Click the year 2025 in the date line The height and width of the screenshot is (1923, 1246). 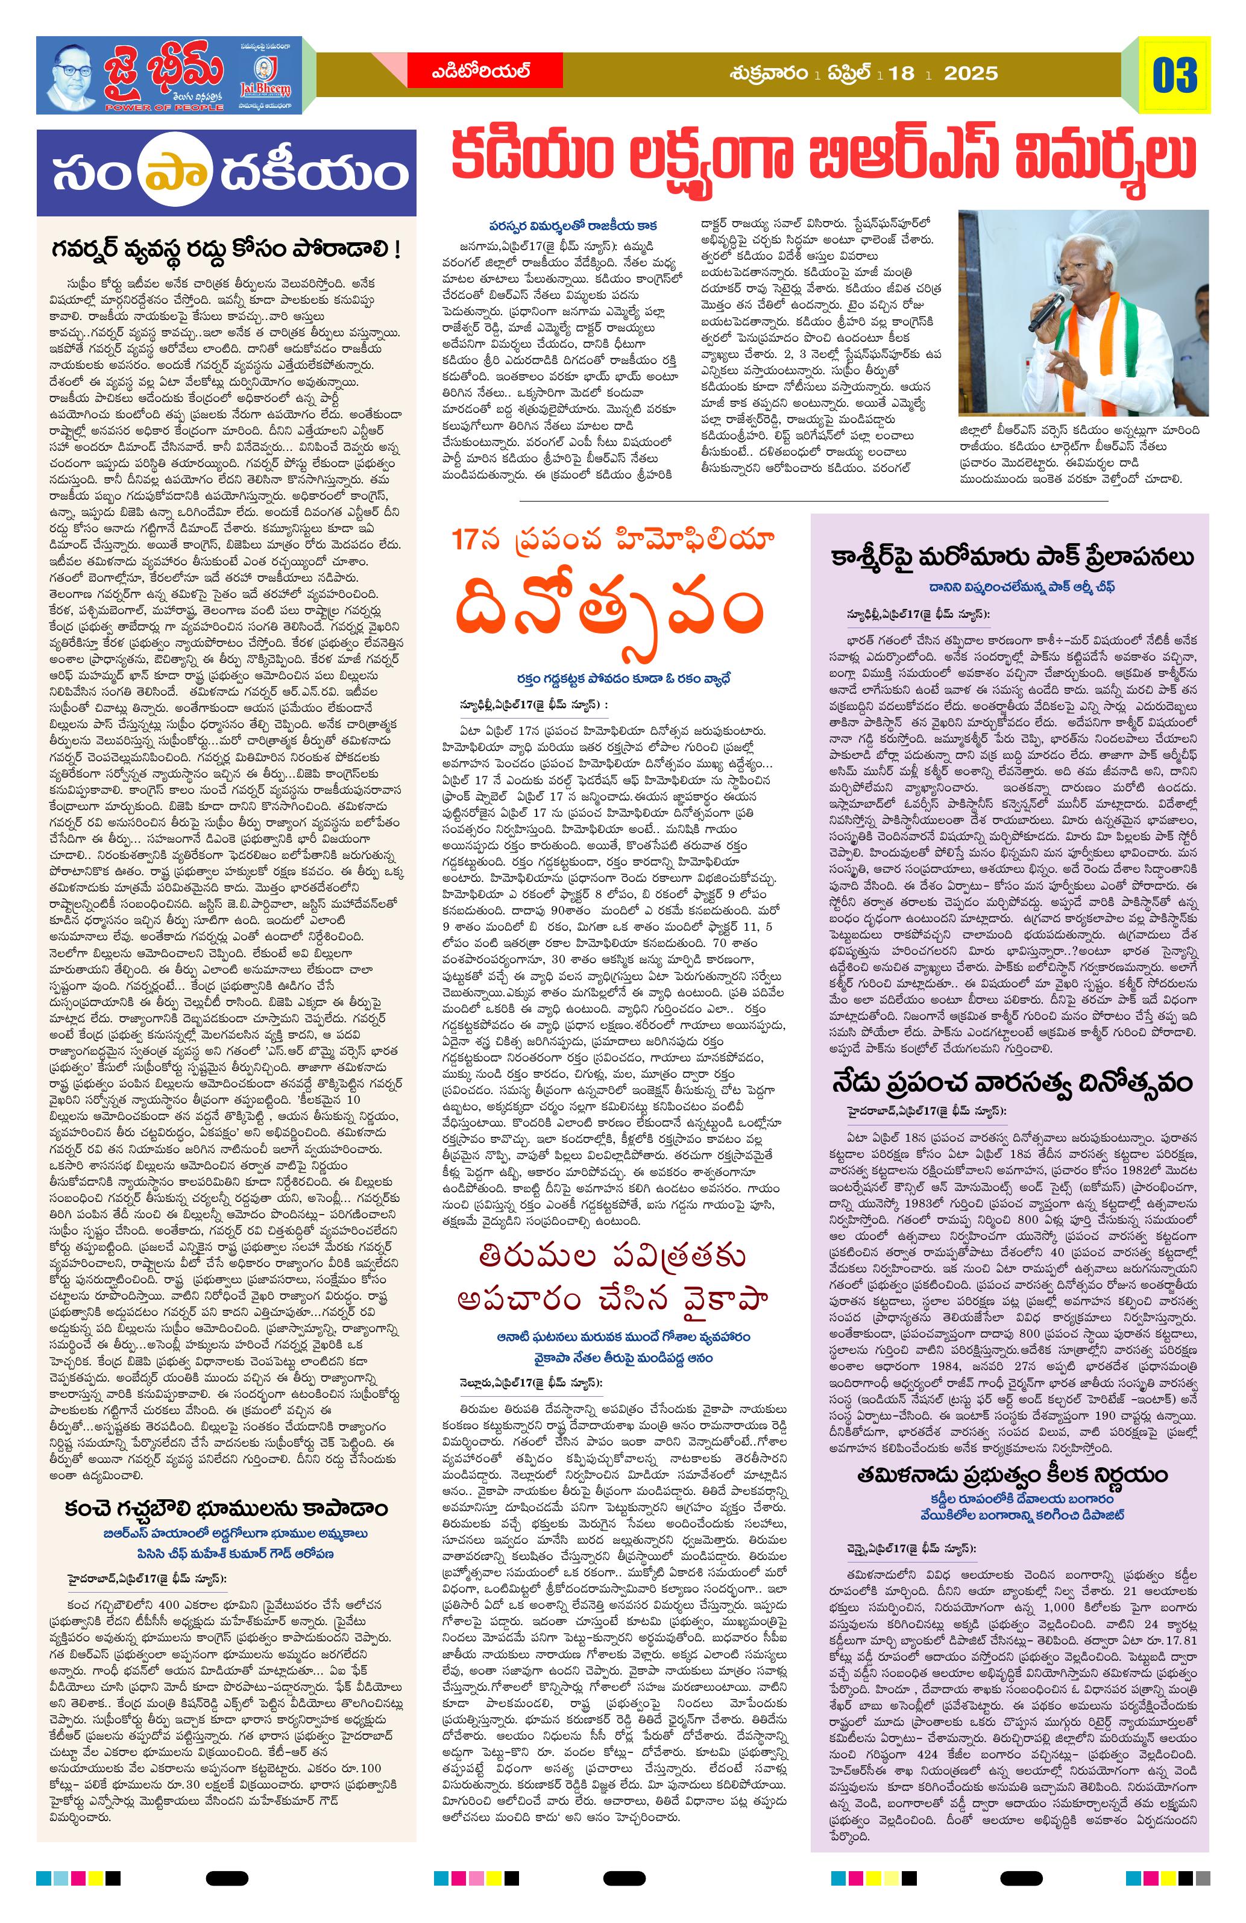pos(971,74)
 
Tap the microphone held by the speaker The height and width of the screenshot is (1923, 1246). pos(1048,309)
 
